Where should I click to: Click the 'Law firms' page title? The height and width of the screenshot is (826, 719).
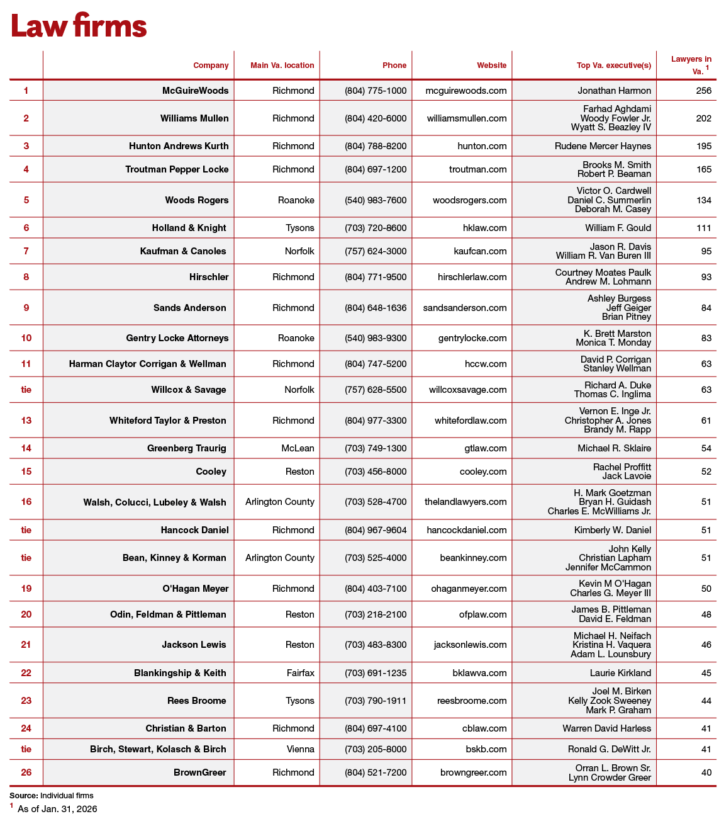tap(79, 26)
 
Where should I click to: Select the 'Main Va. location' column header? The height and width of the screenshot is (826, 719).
tap(282, 65)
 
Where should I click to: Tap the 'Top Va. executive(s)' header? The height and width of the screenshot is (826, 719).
tap(613, 65)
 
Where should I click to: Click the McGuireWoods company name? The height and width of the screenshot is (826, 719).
tap(195, 91)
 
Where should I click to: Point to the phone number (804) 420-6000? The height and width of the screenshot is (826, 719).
tap(376, 118)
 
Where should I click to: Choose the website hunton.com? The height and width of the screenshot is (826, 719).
tap(482, 146)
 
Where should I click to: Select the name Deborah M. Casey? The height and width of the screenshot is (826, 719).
tap(613, 209)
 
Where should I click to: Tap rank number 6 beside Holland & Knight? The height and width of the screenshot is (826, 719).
tap(26, 228)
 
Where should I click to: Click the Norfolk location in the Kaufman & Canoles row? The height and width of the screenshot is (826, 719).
tap(299, 251)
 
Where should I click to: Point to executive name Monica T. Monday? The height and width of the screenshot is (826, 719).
tap(613, 342)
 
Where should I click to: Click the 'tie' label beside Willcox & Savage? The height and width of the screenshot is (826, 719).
tap(26, 390)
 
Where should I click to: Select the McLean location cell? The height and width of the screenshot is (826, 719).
tap(298, 448)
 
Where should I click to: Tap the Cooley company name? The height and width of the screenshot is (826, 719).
tap(211, 472)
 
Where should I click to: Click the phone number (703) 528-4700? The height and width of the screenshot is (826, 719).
tap(376, 502)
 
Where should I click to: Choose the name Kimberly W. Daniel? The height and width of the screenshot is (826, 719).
tap(612, 530)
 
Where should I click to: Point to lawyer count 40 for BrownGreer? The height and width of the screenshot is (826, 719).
tap(706, 772)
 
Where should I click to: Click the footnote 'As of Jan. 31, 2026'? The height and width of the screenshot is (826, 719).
tap(57, 809)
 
